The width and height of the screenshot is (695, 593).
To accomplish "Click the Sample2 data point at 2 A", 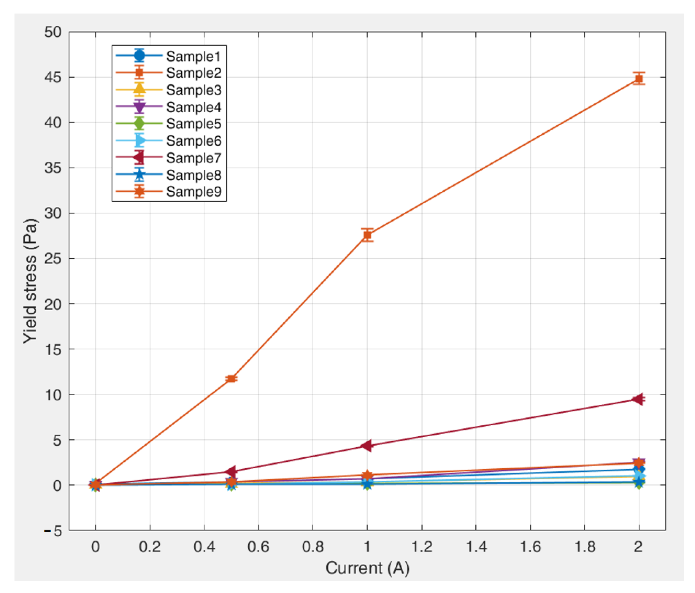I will coord(639,79).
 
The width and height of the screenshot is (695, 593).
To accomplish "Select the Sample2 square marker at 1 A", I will coord(367,235).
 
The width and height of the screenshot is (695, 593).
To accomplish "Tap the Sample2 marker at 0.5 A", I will coord(231,379).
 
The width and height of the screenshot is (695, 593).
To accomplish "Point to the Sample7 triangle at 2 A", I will coord(638,399).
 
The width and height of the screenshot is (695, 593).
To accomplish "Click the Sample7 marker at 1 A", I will coord(367,446).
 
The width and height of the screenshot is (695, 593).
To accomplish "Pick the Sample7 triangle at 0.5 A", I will coord(231,471).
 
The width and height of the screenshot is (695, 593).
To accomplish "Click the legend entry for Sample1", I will coord(193,56).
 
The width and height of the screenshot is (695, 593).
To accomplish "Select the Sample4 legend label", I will coord(194,107).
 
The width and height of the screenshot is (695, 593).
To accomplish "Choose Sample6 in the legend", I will coord(194,141).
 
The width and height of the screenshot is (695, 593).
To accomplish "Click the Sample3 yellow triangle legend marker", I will coord(139,89).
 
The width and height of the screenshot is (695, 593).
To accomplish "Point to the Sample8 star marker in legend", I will coord(139,174).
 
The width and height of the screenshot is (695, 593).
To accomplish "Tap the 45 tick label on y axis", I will coord(53,77).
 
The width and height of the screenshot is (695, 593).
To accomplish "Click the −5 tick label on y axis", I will coord(53,531).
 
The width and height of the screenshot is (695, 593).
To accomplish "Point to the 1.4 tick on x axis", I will coord(476,547).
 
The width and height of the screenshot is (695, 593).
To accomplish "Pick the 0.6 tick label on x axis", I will coord(258,547).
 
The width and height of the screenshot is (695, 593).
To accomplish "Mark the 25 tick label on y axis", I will coord(53,259).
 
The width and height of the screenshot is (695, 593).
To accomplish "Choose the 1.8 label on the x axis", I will coord(585,547).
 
